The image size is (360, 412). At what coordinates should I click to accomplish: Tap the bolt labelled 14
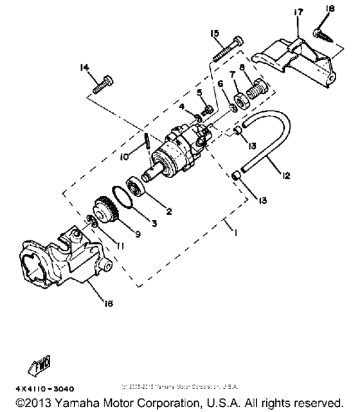103,85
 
